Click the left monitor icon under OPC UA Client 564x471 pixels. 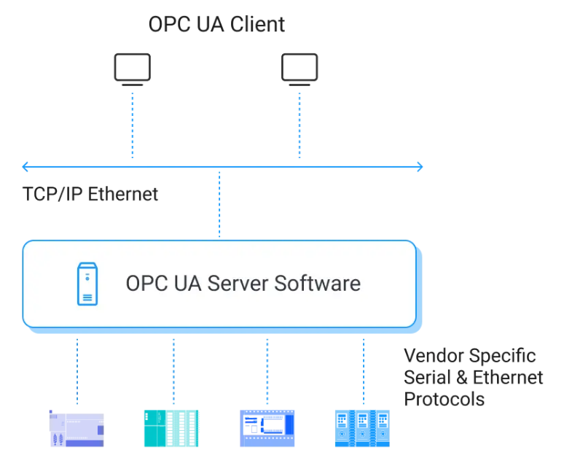point(132,69)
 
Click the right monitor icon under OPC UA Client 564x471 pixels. point(299,69)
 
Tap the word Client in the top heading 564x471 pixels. point(258,24)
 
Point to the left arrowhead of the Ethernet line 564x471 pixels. point(26,166)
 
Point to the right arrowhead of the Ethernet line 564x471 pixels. point(419,166)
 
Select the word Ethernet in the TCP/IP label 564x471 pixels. point(123,194)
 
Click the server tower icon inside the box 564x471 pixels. point(87,284)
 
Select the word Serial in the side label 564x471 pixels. point(426,377)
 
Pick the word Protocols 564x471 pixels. point(444,399)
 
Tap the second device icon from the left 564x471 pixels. point(171,428)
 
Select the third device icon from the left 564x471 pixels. point(267,428)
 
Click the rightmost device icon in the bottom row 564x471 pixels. point(362,428)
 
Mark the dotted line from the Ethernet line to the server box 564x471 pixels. point(219,205)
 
